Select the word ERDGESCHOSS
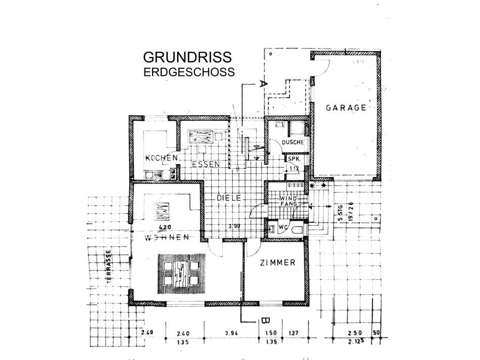click(189, 72)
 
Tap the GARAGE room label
click(346, 108)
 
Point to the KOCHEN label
click(161, 158)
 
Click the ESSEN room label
click(205, 164)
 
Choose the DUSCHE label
click(293, 143)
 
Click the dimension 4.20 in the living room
click(163, 227)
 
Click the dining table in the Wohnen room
click(180, 273)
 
